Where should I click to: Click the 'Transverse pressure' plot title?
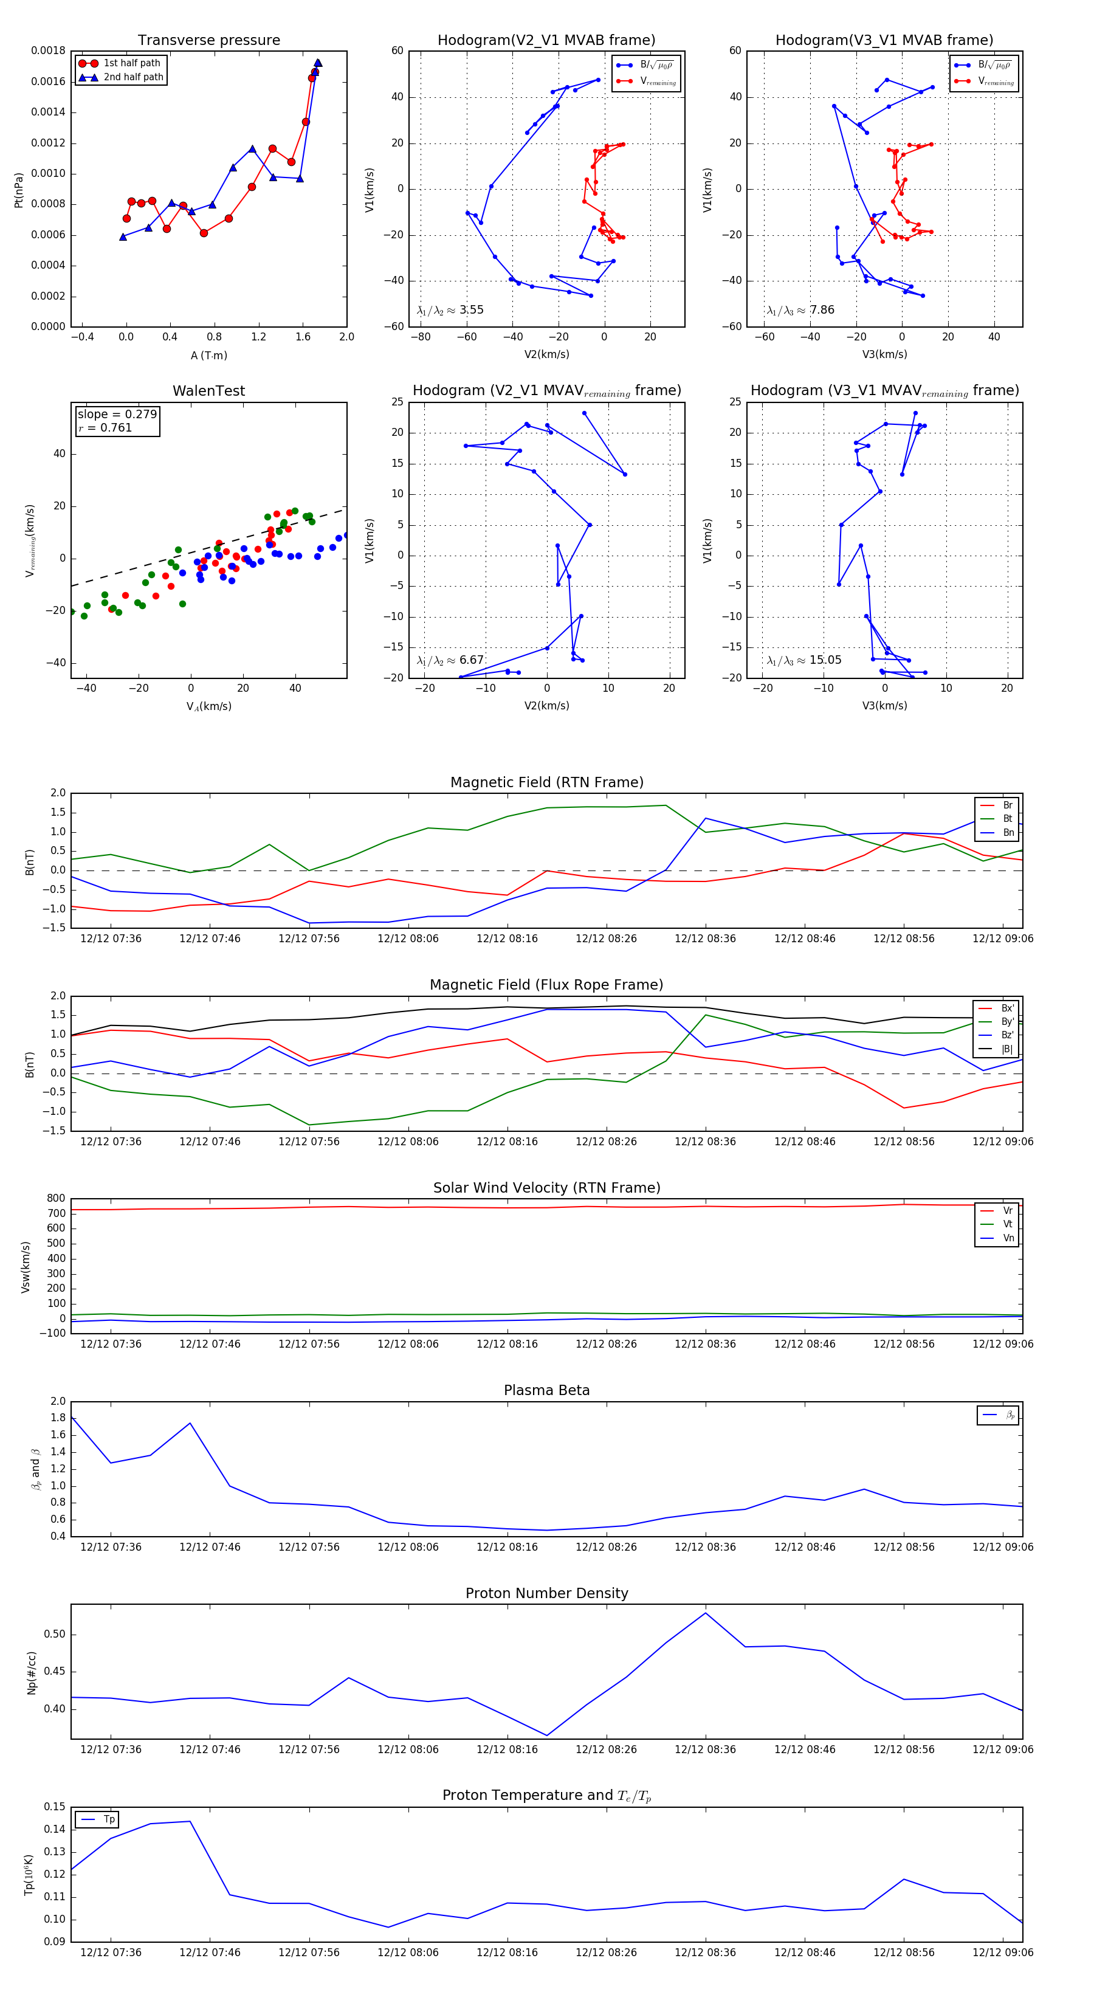pos(208,41)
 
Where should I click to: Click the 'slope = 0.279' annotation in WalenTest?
pos(117,415)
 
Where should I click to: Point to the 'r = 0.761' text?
pos(105,427)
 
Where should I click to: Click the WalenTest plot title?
pos(208,391)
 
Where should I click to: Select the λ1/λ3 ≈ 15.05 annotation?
pos(804,660)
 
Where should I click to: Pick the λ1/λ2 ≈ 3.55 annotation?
pos(450,310)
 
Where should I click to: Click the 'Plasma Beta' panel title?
pos(546,1390)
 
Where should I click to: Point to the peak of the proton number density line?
pos(706,1613)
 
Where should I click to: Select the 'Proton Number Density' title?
pos(546,1593)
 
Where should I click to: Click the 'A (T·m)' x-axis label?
pos(208,355)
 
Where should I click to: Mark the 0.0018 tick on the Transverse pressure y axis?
pos(48,50)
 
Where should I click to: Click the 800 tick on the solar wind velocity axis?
pos(56,1199)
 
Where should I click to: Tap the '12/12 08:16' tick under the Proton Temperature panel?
pos(507,1953)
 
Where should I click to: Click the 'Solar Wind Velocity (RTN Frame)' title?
pos(546,1188)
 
